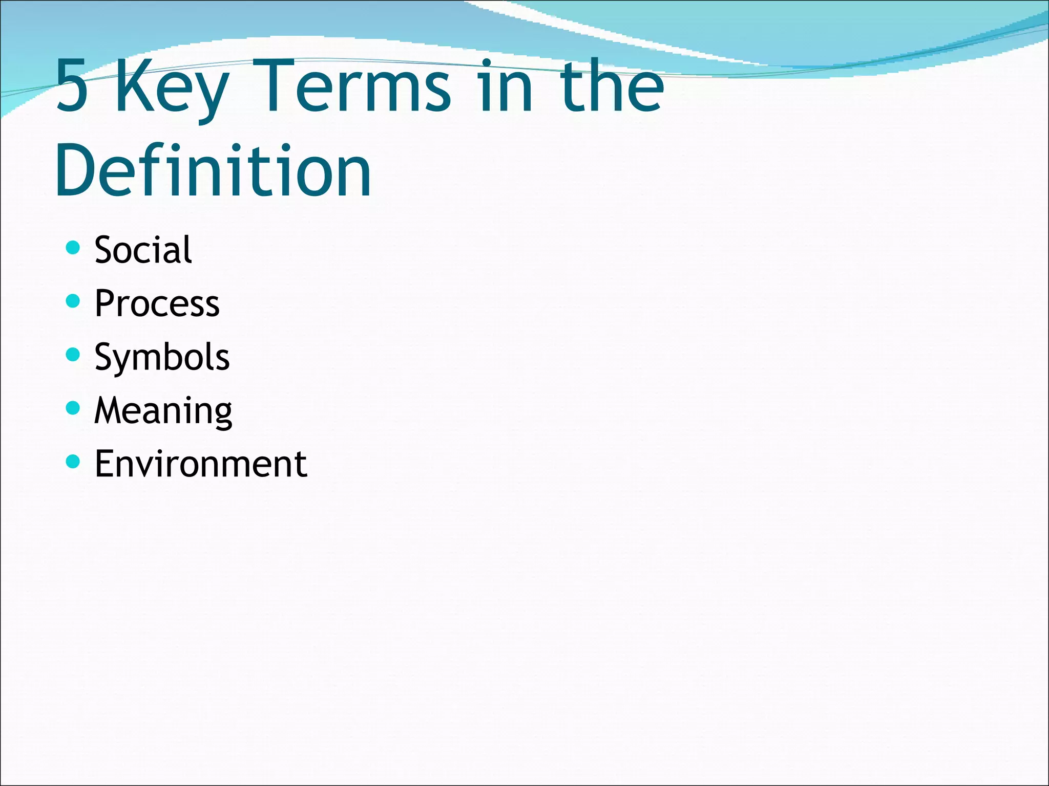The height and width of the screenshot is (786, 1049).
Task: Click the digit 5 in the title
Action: click(72, 86)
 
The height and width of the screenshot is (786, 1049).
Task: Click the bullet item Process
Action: click(157, 303)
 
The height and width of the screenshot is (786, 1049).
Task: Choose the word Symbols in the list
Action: click(162, 357)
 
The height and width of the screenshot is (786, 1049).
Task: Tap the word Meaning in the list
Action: click(163, 411)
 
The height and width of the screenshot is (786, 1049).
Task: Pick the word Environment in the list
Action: click(201, 464)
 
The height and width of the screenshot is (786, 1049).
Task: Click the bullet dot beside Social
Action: click(74, 248)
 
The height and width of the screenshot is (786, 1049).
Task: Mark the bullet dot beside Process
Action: click(74, 301)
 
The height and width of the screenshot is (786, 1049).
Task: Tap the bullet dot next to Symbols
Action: click(74, 355)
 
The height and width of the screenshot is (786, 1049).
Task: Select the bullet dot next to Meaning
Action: click(74, 408)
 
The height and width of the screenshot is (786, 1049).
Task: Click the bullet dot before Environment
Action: click(74, 462)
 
